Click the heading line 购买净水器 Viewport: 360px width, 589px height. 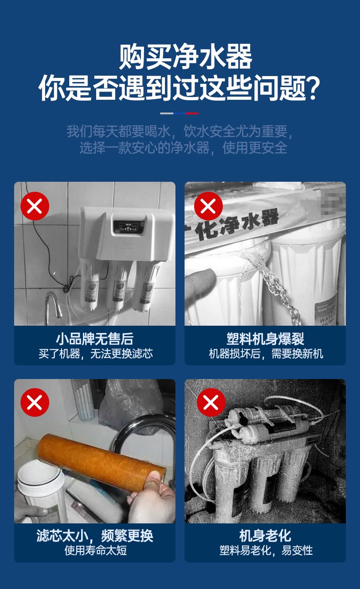click(x=185, y=56)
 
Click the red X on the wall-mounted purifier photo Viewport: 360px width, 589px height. click(x=35, y=206)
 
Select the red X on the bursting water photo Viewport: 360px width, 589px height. click(x=208, y=206)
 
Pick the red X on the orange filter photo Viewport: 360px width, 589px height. click(x=35, y=402)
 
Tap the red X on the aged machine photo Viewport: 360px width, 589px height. click(x=211, y=402)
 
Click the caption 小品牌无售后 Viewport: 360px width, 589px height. click(x=94, y=339)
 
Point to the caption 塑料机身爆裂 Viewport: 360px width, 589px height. click(x=265, y=339)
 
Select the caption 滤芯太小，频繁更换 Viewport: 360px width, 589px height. click(x=94, y=536)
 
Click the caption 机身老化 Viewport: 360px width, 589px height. click(x=265, y=536)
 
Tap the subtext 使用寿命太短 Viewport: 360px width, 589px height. click(x=95, y=550)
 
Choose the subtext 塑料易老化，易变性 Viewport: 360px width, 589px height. click(x=266, y=550)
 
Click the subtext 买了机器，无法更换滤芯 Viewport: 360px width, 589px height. click(x=95, y=353)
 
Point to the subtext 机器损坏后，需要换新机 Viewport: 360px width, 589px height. click(x=266, y=353)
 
